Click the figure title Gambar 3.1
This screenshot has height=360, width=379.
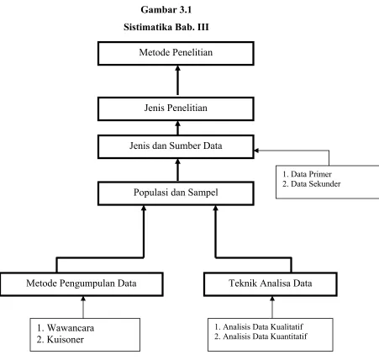[x=166, y=10]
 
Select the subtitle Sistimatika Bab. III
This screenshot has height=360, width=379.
[x=166, y=27]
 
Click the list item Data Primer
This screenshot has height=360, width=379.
[x=307, y=174]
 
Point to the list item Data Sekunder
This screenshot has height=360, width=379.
[x=312, y=184]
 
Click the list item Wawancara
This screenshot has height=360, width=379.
[x=66, y=328]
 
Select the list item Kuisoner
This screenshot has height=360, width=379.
[x=60, y=340]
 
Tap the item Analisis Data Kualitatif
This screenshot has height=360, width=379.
[x=259, y=326]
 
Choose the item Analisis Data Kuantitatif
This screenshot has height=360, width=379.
[x=261, y=336]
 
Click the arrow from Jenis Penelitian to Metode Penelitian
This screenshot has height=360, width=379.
[x=177, y=81]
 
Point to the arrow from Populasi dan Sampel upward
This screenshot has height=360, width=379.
[x=177, y=170]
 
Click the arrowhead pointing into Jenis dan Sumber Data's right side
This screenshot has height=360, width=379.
[x=256, y=151]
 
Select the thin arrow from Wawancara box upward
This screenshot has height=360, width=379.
[x=83, y=307]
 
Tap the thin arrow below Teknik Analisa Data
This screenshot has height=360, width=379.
[x=272, y=307]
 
